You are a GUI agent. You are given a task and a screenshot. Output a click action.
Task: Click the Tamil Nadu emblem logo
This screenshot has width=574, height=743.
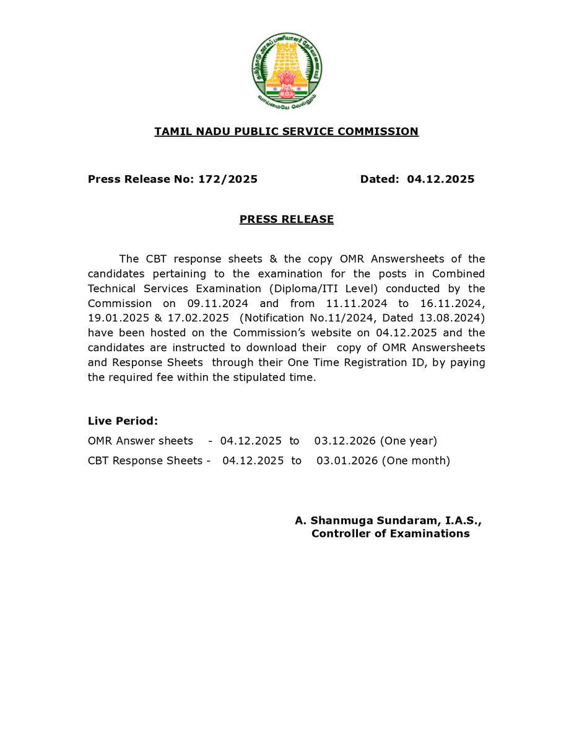coord(287,69)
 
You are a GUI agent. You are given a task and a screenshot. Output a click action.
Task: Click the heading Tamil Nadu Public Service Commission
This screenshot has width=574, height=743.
coord(286,131)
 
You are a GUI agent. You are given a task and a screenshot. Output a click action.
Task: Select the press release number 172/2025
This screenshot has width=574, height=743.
coord(228,180)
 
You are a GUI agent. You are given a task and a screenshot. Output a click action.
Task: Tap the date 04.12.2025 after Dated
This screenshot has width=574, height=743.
coord(440,180)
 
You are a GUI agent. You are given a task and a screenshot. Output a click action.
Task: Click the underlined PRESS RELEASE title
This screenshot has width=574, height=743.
coord(286,219)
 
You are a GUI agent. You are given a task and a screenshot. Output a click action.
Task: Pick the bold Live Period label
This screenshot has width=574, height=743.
coord(123,421)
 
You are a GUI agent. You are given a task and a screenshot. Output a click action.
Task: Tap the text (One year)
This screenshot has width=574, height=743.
coord(408,441)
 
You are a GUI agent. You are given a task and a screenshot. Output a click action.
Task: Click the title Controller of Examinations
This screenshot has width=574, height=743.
coord(390,534)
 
